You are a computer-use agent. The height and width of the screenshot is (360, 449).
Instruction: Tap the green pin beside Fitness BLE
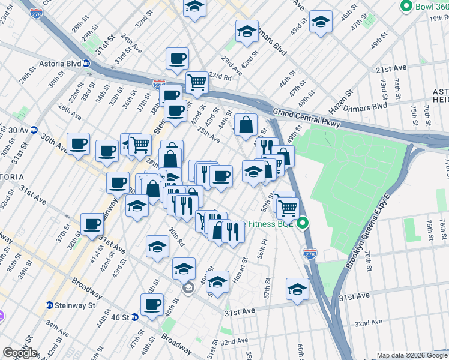pyautogui.click(x=303, y=224)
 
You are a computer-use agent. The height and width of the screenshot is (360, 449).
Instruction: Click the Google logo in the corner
pyautogui.click(x=20, y=353)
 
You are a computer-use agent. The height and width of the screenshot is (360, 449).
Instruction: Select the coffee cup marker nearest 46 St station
pyautogui.click(x=152, y=304)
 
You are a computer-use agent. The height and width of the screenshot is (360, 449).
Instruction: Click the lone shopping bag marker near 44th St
pyautogui.click(x=246, y=125)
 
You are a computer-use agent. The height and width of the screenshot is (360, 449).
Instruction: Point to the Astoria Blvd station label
pyautogui.click(x=65, y=62)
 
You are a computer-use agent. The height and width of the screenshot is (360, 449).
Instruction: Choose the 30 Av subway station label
pyautogui.click(x=18, y=130)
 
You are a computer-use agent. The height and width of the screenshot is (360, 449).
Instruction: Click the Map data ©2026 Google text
pyautogui.click(x=411, y=355)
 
